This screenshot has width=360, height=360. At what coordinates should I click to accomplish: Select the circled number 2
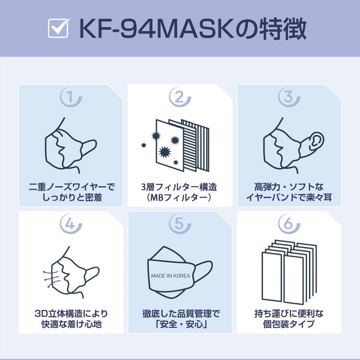pyautogui.click(x=180, y=97)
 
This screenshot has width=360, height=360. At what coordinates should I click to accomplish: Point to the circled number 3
pyautogui.click(x=289, y=97)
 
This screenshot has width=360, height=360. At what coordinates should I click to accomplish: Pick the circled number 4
pyautogui.click(x=71, y=223)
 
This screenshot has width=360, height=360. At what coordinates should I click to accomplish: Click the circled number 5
pyautogui.click(x=180, y=223)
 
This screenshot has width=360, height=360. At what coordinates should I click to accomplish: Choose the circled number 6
pyautogui.click(x=289, y=223)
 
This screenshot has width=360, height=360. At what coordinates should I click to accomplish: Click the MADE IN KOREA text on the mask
pyautogui.click(x=170, y=276)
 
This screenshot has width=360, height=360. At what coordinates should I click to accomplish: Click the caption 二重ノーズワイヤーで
pyautogui.click(x=71, y=186)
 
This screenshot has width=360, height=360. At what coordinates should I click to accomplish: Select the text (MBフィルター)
pyautogui.click(x=180, y=197)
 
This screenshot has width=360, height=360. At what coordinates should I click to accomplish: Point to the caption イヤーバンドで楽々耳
pyautogui.click(x=289, y=197)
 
